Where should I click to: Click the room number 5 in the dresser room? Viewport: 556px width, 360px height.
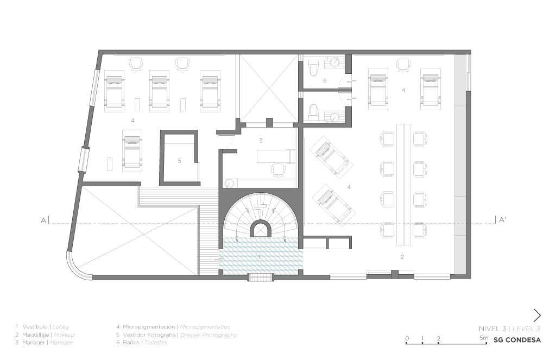(179, 161)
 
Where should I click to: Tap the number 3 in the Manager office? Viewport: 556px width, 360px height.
(261, 141)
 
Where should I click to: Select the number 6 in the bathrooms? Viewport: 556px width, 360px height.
(325, 81)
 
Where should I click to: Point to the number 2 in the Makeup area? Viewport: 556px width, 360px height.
(402, 257)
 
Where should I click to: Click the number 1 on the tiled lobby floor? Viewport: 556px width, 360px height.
(260, 256)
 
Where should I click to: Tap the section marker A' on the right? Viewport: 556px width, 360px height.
(502, 220)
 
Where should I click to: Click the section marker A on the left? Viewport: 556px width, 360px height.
(43, 220)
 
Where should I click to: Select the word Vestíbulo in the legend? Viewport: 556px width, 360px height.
(35, 327)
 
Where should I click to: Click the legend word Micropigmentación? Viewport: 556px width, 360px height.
(149, 327)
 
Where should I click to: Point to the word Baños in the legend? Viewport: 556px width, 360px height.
(131, 342)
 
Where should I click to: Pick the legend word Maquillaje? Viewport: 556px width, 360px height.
(35, 334)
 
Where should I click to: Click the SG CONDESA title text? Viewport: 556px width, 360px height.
(517, 340)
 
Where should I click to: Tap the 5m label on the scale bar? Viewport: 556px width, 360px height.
(484, 338)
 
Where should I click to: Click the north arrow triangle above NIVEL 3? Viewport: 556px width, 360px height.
(537, 315)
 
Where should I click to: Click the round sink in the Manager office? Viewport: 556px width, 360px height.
(229, 184)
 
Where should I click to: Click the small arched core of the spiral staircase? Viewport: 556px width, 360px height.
(261, 229)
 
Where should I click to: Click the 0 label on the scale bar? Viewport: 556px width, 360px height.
(407, 338)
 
